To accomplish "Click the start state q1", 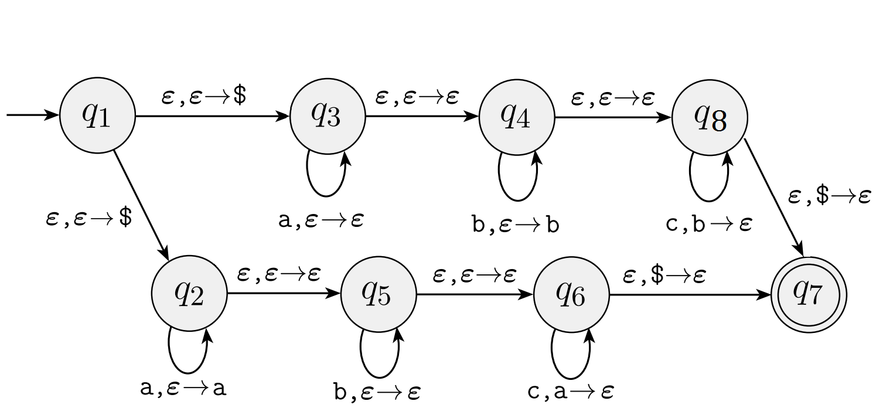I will [x=97, y=115].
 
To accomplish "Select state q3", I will [x=328, y=116].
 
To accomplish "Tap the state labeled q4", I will [x=517, y=117].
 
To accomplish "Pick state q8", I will [x=710, y=117].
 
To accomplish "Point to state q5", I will [x=379, y=294].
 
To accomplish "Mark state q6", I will [x=571, y=294].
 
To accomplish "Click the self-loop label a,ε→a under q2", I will [x=183, y=388].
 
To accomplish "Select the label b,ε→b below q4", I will [x=516, y=225].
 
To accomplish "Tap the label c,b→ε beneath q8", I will [x=709, y=224].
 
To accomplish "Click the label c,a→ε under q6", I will [x=570, y=391].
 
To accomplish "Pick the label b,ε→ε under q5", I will [x=377, y=392].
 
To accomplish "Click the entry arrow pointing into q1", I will [x=32, y=115].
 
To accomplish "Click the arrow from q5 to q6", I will [x=475, y=294].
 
